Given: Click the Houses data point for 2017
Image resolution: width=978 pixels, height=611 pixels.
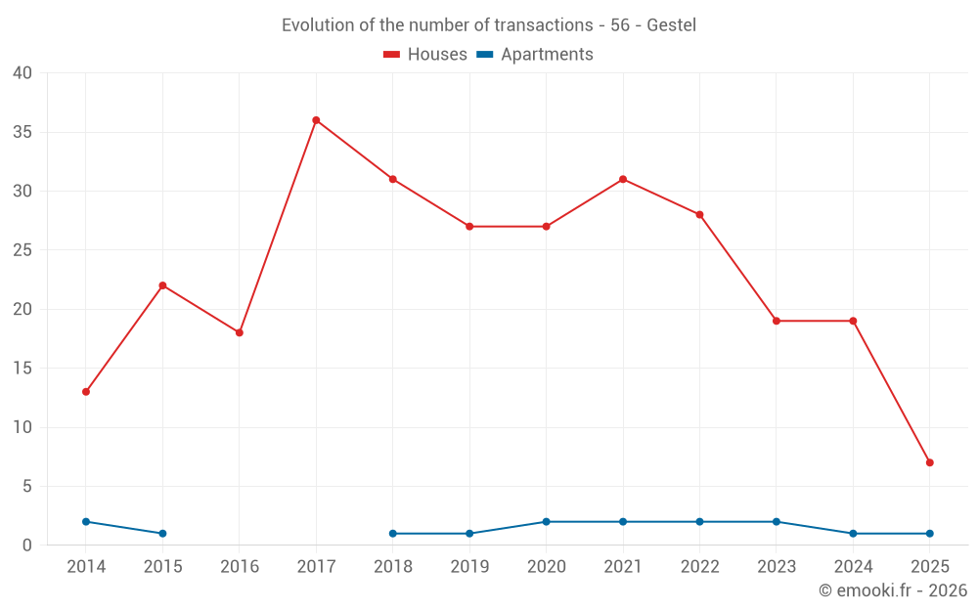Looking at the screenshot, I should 316,120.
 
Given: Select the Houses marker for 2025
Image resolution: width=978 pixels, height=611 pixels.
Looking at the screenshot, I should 929,462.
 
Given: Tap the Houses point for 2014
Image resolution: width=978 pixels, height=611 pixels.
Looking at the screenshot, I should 86,392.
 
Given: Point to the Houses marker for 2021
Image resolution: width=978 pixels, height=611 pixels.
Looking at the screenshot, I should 623,179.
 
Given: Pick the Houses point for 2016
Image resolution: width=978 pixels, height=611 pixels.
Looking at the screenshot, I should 240,332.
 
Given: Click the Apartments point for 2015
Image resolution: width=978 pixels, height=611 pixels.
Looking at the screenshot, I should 162,534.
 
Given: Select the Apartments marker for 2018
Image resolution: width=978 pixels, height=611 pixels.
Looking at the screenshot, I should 393,534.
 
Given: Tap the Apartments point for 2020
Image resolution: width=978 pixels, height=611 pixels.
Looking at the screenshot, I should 546,522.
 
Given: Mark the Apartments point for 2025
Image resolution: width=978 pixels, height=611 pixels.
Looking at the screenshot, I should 929,534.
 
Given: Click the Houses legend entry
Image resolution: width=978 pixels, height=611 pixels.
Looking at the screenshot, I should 425,55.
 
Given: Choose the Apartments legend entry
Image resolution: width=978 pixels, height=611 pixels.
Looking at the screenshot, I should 535,55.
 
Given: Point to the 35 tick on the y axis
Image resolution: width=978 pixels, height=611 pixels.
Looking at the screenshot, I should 22,132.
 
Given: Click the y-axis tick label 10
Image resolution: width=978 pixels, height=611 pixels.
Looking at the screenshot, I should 22,427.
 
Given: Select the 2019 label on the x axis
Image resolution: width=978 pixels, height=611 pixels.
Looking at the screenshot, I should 469,567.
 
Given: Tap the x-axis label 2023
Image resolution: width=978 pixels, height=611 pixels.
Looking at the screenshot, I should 777,567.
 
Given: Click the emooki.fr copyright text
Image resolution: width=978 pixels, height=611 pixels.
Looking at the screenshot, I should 893,590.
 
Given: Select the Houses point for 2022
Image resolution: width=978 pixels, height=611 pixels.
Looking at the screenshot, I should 699,215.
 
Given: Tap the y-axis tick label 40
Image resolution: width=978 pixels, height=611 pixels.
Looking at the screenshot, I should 22,73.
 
